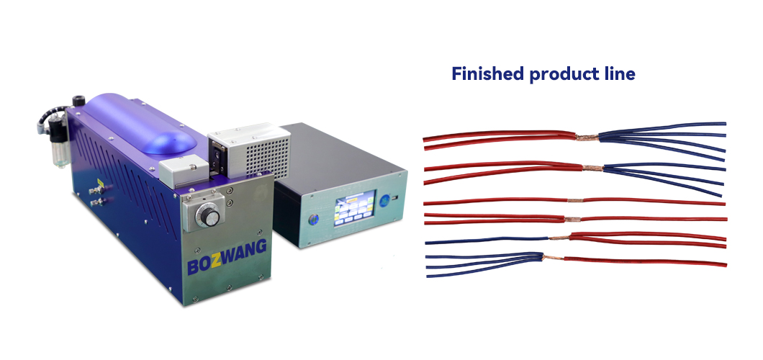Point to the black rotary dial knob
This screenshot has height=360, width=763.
(209, 215)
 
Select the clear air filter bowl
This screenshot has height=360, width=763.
(60, 153)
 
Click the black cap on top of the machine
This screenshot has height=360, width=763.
(78, 101)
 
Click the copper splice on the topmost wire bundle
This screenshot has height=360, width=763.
(587, 138)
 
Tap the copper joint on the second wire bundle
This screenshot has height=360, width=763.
(592, 168)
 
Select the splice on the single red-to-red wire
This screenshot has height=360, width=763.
(575, 200)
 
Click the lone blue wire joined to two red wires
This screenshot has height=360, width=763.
(487, 240)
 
